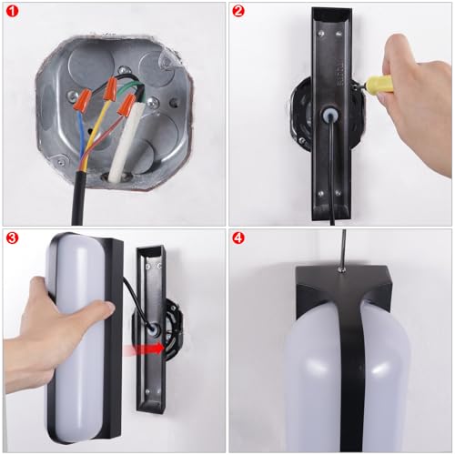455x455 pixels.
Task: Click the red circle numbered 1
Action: [12, 11]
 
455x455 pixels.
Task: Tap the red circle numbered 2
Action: [238, 11]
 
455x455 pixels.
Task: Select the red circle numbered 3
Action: [12, 238]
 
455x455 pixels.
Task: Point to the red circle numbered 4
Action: [238, 238]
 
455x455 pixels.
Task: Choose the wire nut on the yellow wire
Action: [109, 88]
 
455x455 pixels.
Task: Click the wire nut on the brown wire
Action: [126, 105]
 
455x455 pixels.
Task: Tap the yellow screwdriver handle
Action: [379, 85]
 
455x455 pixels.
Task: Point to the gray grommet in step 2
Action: [329, 115]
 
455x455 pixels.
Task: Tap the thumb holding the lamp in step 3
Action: [103, 310]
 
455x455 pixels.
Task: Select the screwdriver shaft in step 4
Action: [343, 248]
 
